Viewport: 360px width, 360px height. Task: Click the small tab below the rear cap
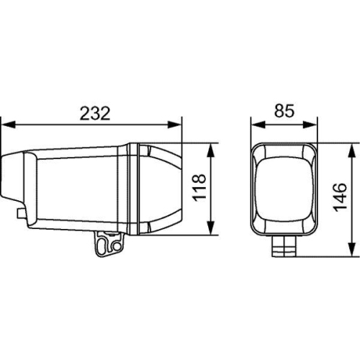(x=22, y=212)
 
